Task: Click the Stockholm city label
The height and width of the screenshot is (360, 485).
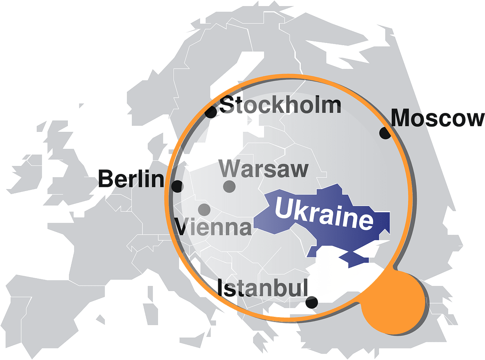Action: pos(280,105)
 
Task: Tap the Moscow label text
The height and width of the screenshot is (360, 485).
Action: pos(438,118)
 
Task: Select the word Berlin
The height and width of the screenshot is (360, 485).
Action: pos(131,179)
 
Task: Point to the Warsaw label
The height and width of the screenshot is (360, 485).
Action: pos(264,169)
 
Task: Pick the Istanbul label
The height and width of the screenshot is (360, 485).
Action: pos(262,288)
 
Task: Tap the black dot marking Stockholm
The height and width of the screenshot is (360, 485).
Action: pos(211,112)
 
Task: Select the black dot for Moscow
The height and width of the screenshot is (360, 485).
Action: pos(385,133)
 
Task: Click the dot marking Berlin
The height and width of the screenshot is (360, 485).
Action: pos(177,186)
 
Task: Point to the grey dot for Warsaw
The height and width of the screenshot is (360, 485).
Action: pos(229,186)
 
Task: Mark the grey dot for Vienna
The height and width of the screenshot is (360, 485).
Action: pos(204,209)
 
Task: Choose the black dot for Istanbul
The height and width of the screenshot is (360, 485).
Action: pos(311,302)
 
